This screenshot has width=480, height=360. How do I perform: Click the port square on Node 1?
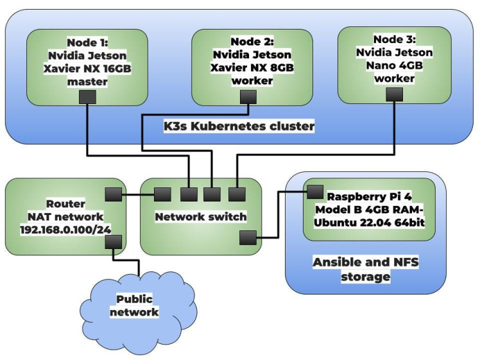pyautogui.click(x=87, y=97)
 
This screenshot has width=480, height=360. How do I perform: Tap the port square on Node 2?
pyautogui.click(x=247, y=97)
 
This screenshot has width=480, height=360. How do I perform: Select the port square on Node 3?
pyautogui.click(x=395, y=94)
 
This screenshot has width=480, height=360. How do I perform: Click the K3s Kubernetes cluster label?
pyautogui.click(x=239, y=126)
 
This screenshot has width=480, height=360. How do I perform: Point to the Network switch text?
pyautogui.click(x=201, y=217)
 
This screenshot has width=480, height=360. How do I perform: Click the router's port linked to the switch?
pyautogui.click(x=112, y=194)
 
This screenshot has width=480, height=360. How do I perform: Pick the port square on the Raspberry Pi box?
pyautogui.click(x=314, y=191)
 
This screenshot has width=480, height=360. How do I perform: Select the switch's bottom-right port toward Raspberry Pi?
pyautogui.click(x=248, y=238)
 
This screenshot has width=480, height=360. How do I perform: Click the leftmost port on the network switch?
pyautogui.click(x=162, y=194)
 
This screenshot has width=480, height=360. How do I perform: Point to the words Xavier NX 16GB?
pyautogui.click(x=87, y=69)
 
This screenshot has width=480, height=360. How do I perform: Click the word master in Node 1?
pyautogui.click(x=87, y=81)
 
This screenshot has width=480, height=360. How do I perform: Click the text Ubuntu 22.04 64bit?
pyautogui.click(x=369, y=222)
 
